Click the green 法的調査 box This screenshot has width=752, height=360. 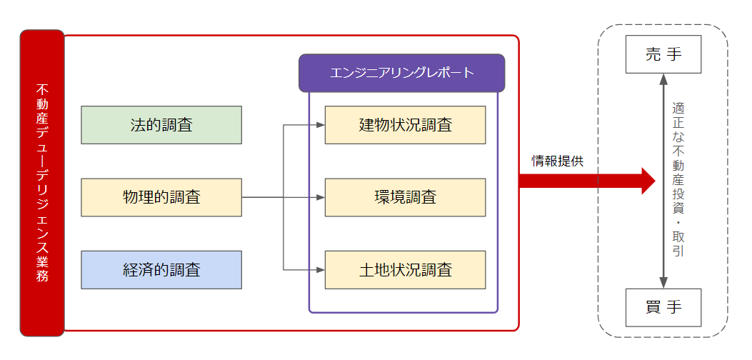(161, 125)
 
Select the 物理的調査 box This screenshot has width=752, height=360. (161, 197)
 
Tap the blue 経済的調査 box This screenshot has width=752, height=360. (161, 269)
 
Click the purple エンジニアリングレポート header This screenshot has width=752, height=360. (401, 73)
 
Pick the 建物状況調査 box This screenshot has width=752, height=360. (405, 125)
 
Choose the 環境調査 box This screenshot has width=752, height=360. (405, 197)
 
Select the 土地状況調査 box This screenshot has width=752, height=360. (405, 269)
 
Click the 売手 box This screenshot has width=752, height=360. (663, 54)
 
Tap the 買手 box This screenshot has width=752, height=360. (663, 307)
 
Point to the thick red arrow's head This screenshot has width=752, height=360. (648, 181)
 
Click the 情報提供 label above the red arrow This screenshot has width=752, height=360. (557, 161)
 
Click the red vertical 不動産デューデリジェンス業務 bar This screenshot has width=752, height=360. (42, 183)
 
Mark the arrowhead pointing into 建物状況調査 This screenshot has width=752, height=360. (321, 125)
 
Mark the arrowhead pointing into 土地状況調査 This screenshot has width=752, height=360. (321, 269)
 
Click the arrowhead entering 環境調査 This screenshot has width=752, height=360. (321, 197)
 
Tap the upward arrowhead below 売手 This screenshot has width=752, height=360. (664, 79)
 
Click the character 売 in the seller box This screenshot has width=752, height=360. (653, 54)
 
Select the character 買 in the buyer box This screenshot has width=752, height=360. (653, 307)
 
